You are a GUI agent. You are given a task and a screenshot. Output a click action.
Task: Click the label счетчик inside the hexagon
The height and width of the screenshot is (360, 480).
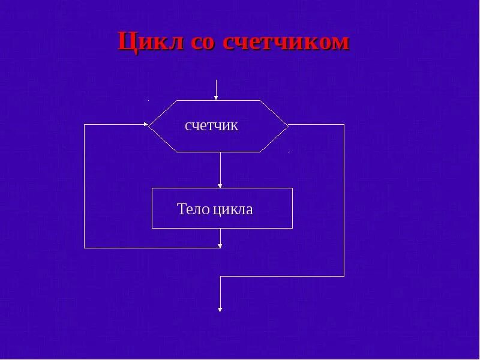(x=212, y=125)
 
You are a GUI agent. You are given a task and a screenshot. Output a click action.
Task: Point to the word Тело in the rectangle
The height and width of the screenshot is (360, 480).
(x=193, y=209)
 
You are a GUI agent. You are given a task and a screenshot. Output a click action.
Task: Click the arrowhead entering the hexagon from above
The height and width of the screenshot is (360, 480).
(x=216, y=97)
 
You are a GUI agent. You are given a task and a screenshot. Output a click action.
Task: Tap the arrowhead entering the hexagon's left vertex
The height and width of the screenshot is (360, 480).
(x=146, y=125)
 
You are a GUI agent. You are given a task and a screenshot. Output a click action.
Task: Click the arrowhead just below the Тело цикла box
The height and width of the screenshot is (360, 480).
(x=221, y=244)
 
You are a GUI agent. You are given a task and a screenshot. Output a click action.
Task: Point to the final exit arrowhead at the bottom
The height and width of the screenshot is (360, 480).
(x=220, y=309)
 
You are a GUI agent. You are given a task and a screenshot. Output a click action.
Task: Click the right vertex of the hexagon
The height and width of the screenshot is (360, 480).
(x=289, y=125)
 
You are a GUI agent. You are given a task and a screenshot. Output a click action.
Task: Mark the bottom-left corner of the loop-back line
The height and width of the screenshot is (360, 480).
(x=85, y=247)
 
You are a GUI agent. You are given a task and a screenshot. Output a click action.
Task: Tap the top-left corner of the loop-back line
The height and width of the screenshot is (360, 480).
(x=85, y=125)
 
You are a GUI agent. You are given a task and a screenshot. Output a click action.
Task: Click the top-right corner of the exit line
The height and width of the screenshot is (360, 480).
(x=344, y=125)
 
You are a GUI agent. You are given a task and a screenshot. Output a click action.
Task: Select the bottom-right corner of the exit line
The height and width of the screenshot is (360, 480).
(x=344, y=276)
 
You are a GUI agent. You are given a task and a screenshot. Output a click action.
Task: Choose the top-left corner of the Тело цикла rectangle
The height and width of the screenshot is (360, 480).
(x=152, y=188)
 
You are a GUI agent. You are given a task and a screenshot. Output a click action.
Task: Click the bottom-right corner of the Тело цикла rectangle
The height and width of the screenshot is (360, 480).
(x=292, y=228)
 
